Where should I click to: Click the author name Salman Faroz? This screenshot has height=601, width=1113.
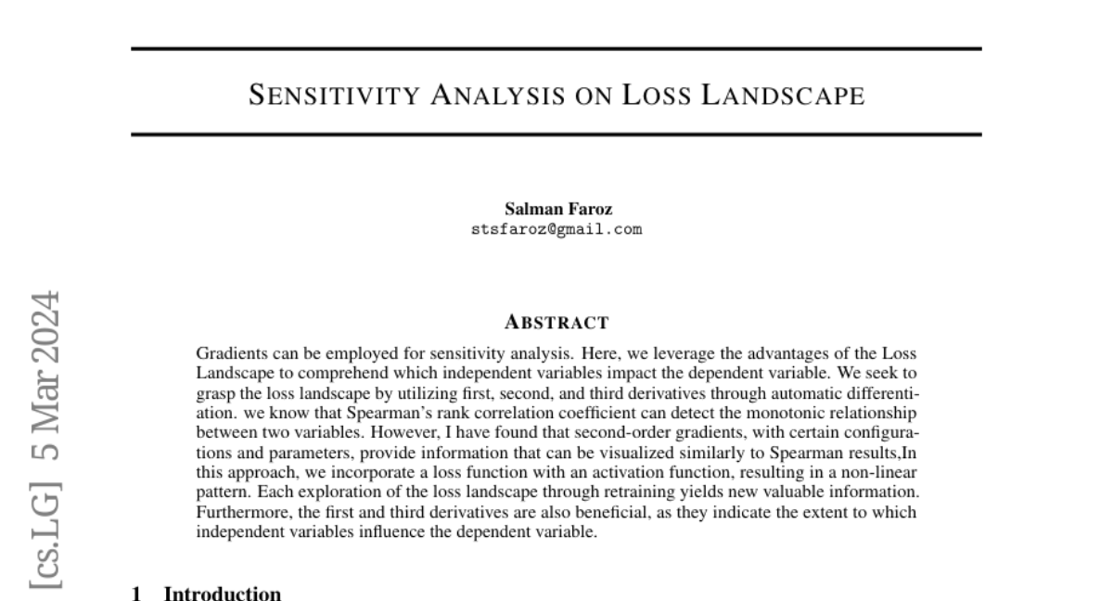[x=556, y=210]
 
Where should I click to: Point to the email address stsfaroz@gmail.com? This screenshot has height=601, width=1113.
[x=556, y=229]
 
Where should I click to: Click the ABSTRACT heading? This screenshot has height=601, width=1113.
[x=556, y=324]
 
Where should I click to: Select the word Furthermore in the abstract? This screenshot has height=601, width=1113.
[x=237, y=512]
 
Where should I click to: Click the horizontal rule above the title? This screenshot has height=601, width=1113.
[x=556, y=48]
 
